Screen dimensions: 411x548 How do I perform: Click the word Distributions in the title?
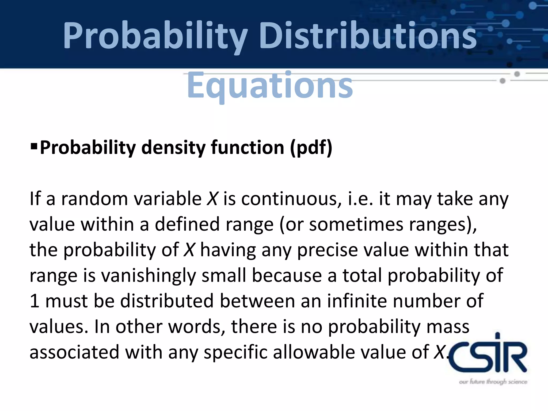coord(368,36)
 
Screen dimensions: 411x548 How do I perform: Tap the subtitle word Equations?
coord(270,85)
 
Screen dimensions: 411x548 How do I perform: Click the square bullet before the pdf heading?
coord(34,146)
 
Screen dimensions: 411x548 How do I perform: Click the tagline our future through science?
coord(493,382)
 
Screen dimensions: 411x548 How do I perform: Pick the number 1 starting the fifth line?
coord(34,301)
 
